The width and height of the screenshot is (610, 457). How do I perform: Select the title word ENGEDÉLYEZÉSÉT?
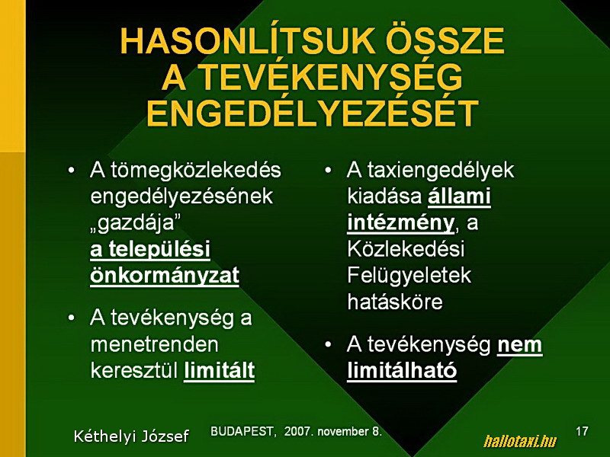coord(313,113)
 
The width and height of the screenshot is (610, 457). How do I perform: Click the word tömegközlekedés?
coord(196,171)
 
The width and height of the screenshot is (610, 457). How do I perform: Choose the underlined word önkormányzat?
coord(165,276)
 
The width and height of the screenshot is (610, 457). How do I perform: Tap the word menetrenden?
coord(155,344)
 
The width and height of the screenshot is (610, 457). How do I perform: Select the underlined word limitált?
coord(220,370)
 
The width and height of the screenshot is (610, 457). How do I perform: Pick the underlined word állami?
coord(460,197)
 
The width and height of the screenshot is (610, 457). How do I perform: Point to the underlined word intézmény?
coord(401,223)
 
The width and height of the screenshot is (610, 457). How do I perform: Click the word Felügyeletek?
coord(409,276)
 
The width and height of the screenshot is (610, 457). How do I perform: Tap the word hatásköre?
coord(395,302)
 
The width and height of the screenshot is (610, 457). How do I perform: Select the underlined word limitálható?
coord(402,370)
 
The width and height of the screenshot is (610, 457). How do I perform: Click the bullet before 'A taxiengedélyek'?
coord(329,171)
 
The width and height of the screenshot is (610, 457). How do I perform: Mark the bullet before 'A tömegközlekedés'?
coord(71,171)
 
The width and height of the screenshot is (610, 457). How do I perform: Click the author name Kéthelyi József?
coord(131,436)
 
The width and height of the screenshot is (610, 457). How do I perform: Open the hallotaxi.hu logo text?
coord(520,441)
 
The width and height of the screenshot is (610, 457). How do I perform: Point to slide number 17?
coord(582,431)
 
